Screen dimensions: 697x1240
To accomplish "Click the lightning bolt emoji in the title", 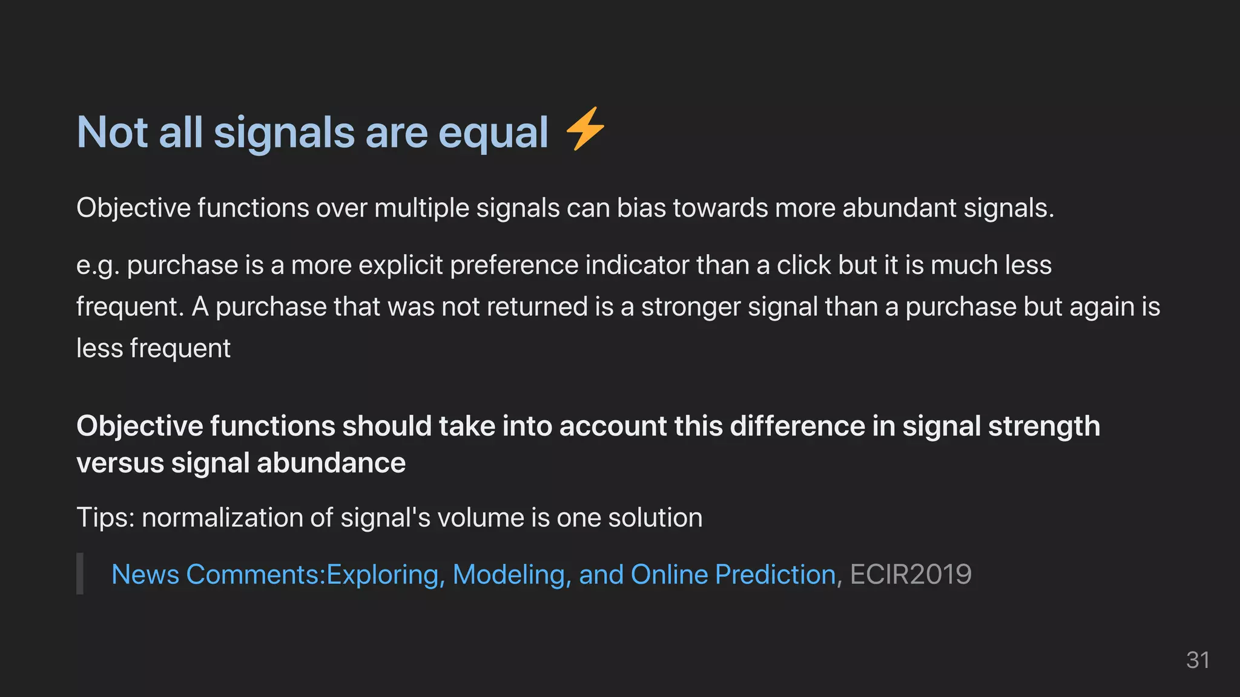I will pyautogui.click(x=585, y=129).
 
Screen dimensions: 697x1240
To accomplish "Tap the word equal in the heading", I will pyautogui.click(x=493, y=133).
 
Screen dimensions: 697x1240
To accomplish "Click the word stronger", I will pyautogui.click(x=691, y=307).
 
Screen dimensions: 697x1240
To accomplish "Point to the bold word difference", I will pyautogui.click(x=797, y=426).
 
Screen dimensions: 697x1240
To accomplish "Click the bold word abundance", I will pyautogui.click(x=331, y=463).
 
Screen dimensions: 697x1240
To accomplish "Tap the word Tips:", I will pyautogui.click(x=105, y=518).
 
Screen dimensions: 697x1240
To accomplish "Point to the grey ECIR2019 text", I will pyautogui.click(x=911, y=575).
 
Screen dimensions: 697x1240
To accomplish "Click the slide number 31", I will pyautogui.click(x=1198, y=660).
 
